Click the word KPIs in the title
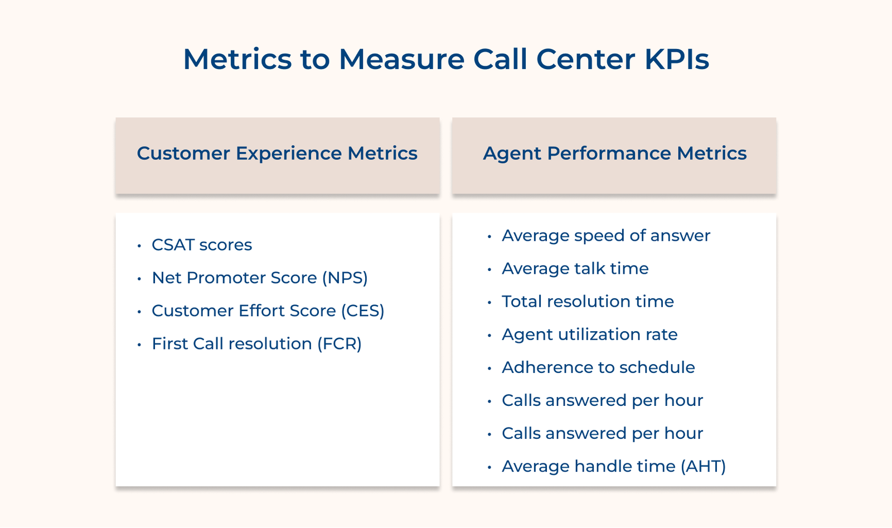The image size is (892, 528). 676,59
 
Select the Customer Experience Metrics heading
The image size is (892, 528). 277,153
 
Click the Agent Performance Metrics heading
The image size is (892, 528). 614,153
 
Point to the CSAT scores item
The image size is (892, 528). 202,245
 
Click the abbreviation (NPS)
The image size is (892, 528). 345,278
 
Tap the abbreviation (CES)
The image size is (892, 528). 362,311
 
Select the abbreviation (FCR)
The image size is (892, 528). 340,343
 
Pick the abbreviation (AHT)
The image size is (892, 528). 703,466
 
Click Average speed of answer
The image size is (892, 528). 606,235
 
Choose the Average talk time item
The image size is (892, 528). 575,269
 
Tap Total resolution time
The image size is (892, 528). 588,302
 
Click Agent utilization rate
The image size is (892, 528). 589,335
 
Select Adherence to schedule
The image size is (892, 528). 598,367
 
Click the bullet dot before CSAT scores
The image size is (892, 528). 139,246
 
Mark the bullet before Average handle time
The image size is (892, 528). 489,467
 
